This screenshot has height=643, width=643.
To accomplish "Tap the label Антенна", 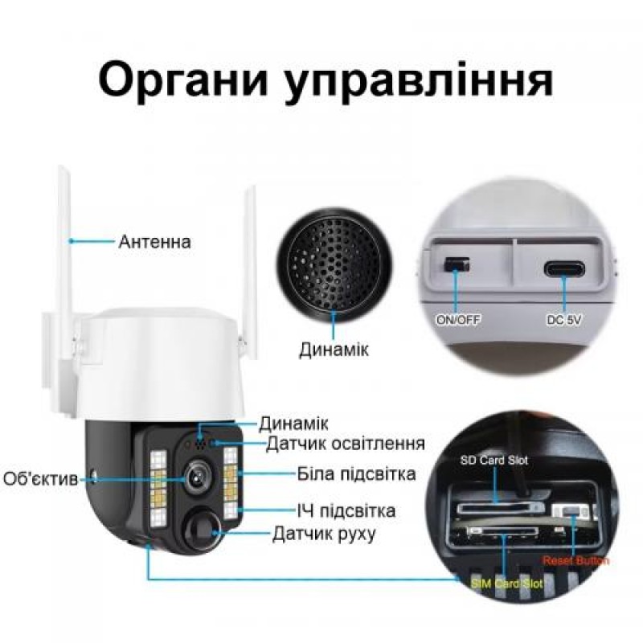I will point(154,241).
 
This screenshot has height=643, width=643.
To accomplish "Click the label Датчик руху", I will point(323,533).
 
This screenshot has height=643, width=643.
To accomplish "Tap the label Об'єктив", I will point(40,480).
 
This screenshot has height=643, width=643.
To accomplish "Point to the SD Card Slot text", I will point(489,461).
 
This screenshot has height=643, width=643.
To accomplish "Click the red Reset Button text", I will point(575,560).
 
